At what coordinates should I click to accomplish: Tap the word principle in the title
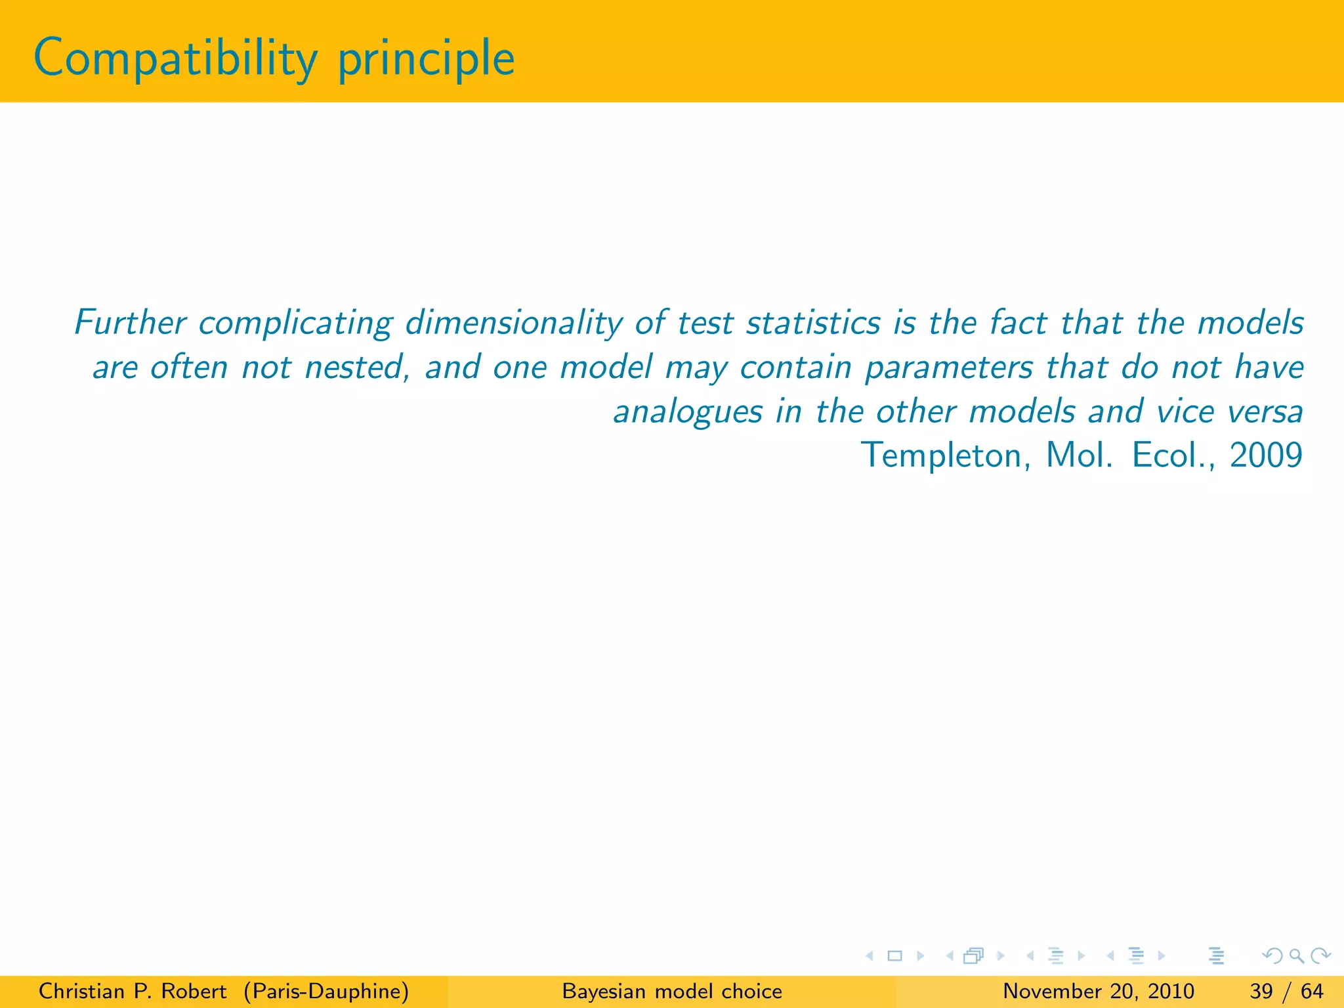426,59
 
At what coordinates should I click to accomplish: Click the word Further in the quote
130,322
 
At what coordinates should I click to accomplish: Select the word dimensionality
514,324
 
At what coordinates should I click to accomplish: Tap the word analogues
687,412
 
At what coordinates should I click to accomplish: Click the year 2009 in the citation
1266,455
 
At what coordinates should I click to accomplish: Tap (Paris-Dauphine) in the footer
326,991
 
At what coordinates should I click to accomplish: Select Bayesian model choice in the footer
672,991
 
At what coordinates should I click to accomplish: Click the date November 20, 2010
1099,991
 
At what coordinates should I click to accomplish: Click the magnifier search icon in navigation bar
1296,956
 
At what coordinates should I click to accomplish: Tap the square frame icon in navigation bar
894,956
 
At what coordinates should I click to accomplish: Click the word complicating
295,324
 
